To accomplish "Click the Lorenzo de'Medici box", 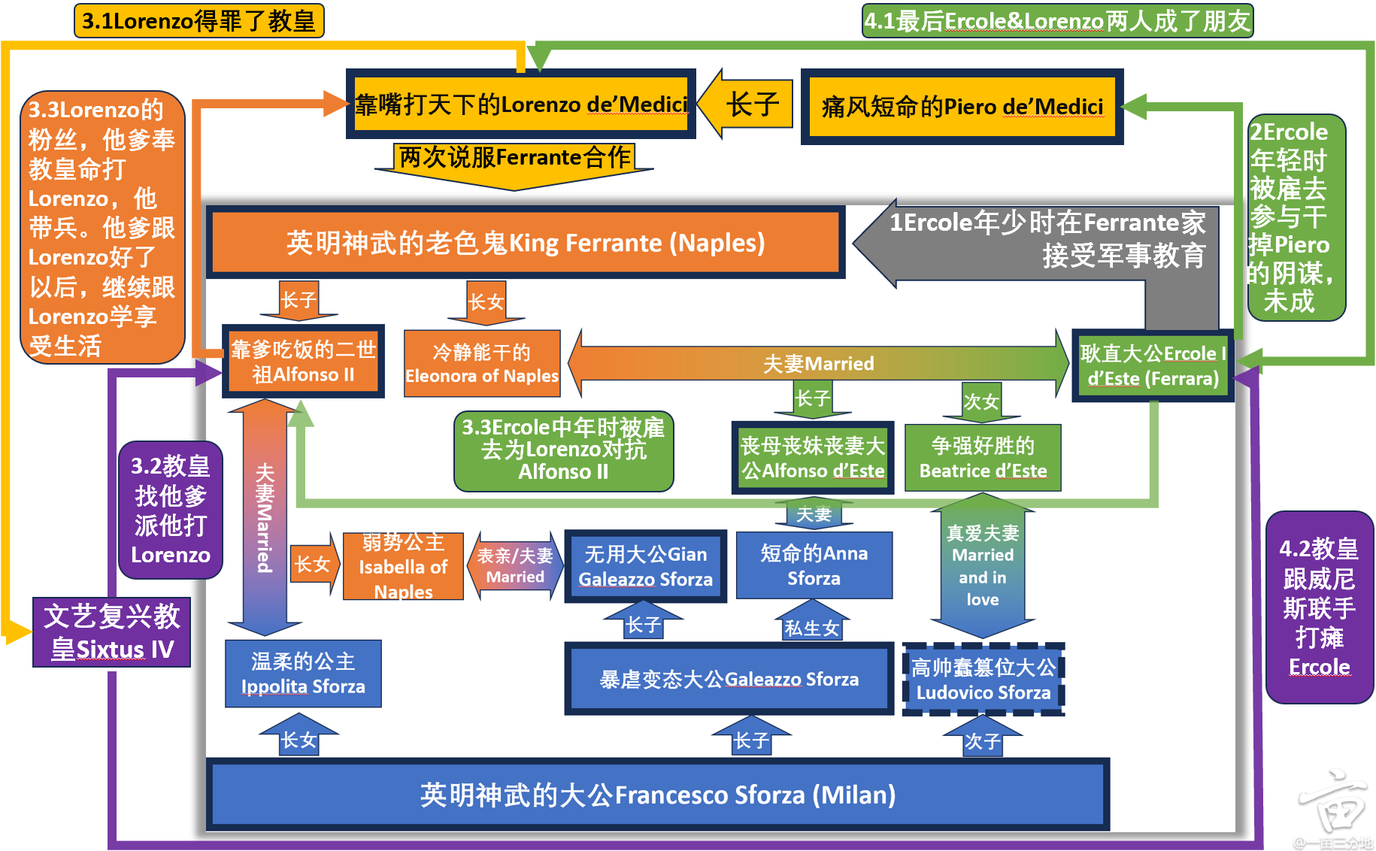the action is (x=520, y=104).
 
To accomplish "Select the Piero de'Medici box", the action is (x=962, y=107).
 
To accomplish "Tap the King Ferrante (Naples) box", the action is (x=526, y=242).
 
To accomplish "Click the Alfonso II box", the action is (x=303, y=362).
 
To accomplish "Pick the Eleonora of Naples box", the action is (x=482, y=363).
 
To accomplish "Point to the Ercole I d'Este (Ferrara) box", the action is (x=1153, y=365).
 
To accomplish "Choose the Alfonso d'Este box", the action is (x=813, y=457).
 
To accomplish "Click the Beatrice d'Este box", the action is (x=983, y=457).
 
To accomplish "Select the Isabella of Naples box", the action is (x=403, y=566).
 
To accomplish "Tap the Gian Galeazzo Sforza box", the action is (x=646, y=566).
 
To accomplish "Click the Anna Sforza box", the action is (x=814, y=565).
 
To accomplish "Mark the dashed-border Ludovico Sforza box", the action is (x=984, y=680).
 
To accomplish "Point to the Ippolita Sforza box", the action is (x=303, y=674).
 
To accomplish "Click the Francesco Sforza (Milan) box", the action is (x=658, y=794).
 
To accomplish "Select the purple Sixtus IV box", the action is (x=111, y=632).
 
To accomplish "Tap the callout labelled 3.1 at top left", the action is (x=199, y=20).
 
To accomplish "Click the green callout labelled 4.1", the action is (x=1057, y=20).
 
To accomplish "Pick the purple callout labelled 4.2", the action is (x=1320, y=607).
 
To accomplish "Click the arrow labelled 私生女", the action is (x=812, y=620).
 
